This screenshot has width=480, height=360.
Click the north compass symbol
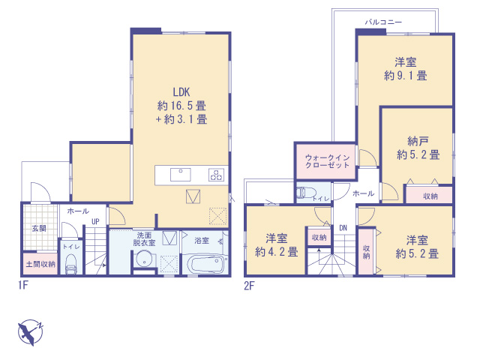pos(30,332)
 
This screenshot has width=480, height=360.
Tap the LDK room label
pos(181,92)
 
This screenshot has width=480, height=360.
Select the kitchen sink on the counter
pos(181,175)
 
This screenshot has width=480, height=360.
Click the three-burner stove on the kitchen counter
pos(216,175)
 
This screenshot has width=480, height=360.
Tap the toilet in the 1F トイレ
pos(72,265)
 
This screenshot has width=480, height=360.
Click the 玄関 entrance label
pos(39,228)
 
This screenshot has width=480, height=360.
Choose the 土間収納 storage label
pos(40,264)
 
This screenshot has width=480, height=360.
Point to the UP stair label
pos(95,221)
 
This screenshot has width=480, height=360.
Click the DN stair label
pos(343,228)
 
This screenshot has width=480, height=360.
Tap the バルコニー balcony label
pos(383,22)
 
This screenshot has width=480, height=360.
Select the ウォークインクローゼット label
pos(327,161)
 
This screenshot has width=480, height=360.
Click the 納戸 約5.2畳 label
pos(418,148)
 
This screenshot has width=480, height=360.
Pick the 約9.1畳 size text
pos(405,76)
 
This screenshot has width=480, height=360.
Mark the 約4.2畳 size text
pos(277,252)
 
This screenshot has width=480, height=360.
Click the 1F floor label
pos(23,285)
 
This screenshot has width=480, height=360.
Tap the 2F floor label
pos(249,286)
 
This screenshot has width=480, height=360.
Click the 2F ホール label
pos(363,193)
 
